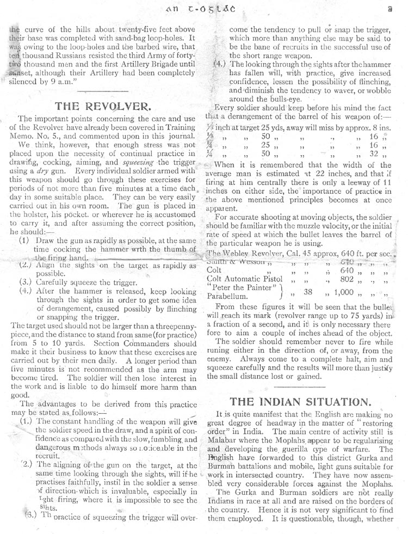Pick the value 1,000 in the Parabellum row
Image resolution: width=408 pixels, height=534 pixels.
pyautogui.click(x=344, y=292)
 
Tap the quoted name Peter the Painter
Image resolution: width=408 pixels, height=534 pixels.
pyautogui.click(x=241, y=287)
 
